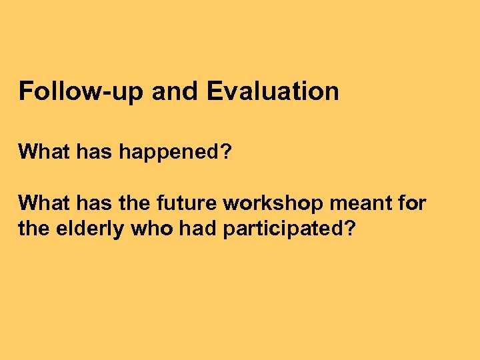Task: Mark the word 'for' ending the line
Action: click(412, 203)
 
